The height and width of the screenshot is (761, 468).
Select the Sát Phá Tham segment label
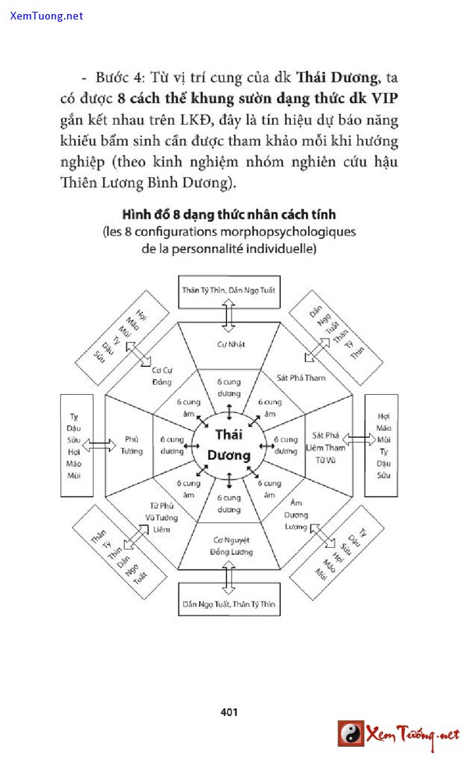pos(301,378)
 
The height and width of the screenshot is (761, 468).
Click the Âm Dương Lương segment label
pos(296,515)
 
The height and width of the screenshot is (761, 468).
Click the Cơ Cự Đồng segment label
pos(161,375)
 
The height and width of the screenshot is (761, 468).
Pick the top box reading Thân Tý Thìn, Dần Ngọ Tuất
pos(228,290)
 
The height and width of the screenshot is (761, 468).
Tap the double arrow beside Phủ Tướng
pos(99,444)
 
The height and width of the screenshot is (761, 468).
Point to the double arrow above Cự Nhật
pos(228,315)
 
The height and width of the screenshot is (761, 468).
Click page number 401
pos(229,712)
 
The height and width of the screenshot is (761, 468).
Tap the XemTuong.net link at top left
pos(46,16)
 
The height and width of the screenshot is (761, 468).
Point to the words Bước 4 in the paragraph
pos(118,78)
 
